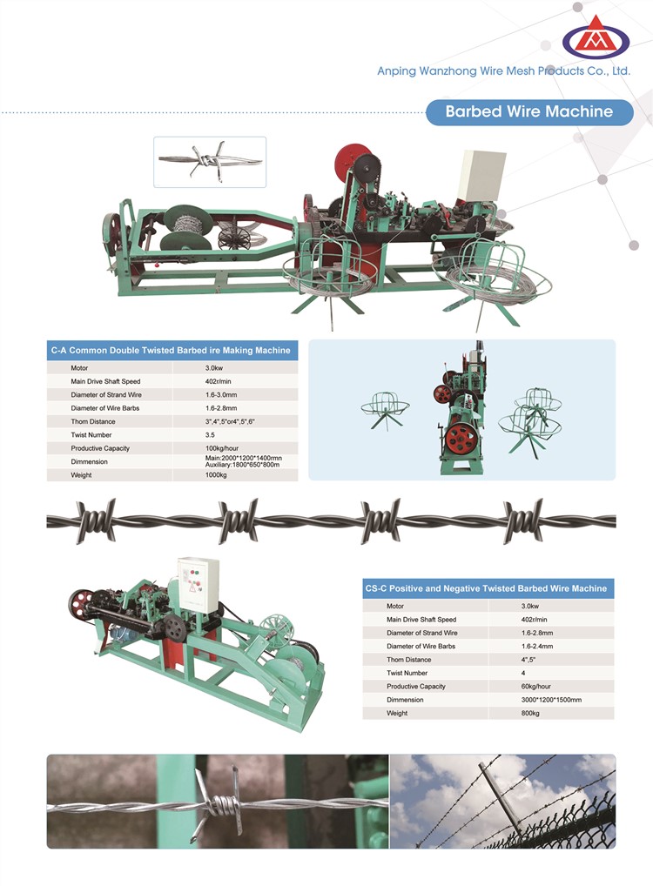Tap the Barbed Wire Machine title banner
(529, 111)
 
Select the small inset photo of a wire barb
(210, 162)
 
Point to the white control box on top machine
(481, 175)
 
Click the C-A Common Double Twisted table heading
(171, 351)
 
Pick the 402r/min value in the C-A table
(219, 381)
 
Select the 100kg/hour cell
(222, 448)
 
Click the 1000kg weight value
(216, 475)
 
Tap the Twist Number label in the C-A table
(91, 435)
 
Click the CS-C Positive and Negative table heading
(486, 588)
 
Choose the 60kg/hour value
(536, 687)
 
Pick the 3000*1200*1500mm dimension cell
(551, 700)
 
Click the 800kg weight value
(530, 714)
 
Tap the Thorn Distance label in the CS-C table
(408, 660)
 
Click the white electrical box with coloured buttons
(198, 585)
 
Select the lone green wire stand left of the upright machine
(385, 408)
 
